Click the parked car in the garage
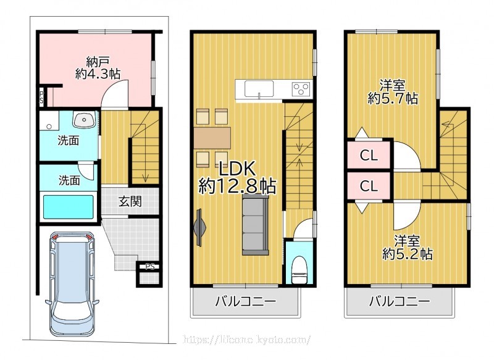pos(72,284)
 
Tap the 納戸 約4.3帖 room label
pos(98,67)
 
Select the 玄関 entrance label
pos(130,201)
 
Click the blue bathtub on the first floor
pos(69,207)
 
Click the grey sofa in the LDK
pos(255,225)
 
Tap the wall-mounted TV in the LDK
pos(199,227)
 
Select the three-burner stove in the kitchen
pos(301,88)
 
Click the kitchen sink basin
pos(259,88)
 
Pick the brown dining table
pos(212,138)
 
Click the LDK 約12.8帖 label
pos(237,177)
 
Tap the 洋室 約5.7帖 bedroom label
pos(393,92)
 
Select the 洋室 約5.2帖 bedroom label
pos(407,247)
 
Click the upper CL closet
pos(369,155)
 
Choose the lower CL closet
pos(369,186)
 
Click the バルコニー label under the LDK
pos(245,301)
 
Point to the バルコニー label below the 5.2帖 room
pos(400,301)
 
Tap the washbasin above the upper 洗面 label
pos(83,120)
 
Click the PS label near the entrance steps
pos(150,267)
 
